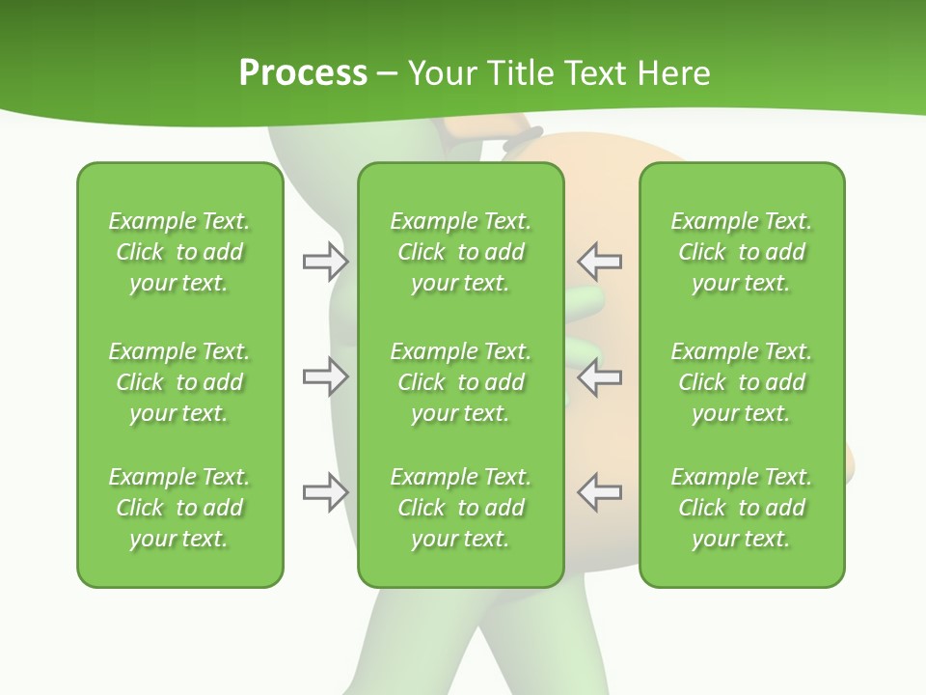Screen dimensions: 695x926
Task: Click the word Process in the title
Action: tap(303, 73)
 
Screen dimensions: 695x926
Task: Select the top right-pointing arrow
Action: tap(325, 262)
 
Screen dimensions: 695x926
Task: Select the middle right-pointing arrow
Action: tap(325, 376)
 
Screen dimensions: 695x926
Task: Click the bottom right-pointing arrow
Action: tap(325, 492)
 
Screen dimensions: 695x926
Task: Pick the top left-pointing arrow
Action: tap(599, 262)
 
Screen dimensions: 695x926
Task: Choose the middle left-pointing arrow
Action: tap(599, 376)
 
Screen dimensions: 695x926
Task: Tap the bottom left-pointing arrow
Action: tap(599, 492)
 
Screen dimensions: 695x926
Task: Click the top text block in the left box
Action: tap(179, 252)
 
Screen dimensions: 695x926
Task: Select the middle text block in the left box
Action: tap(179, 382)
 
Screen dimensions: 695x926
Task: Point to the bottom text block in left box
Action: tap(179, 508)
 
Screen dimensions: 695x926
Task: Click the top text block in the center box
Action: tap(460, 252)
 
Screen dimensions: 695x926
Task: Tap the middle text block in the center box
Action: tap(460, 382)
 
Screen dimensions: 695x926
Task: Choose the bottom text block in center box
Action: tap(460, 508)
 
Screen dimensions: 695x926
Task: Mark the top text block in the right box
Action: tap(741, 252)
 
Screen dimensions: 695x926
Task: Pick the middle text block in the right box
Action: tap(741, 382)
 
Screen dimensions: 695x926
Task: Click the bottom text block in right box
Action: tap(741, 508)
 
